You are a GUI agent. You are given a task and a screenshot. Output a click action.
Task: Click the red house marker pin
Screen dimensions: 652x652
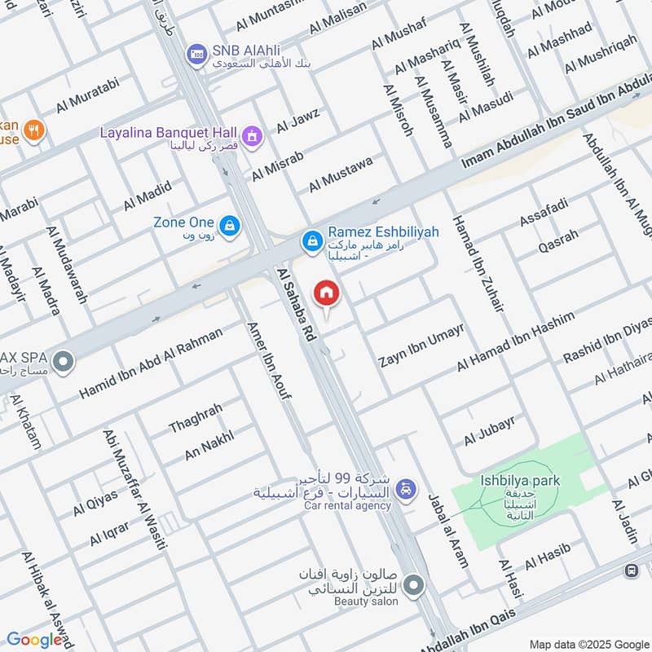point(326,293)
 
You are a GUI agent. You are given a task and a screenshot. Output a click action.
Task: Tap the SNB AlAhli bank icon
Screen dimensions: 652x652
point(196,55)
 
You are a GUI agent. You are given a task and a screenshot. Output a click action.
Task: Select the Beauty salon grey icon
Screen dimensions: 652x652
point(414,585)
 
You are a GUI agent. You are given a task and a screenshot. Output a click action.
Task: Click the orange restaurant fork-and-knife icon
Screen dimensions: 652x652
point(33,129)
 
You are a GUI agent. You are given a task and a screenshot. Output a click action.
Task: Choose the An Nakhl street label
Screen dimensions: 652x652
point(209,444)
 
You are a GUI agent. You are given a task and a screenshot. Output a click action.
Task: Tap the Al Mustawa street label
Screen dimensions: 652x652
point(340,174)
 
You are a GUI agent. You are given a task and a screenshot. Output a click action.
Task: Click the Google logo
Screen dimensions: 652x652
point(34,640)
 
